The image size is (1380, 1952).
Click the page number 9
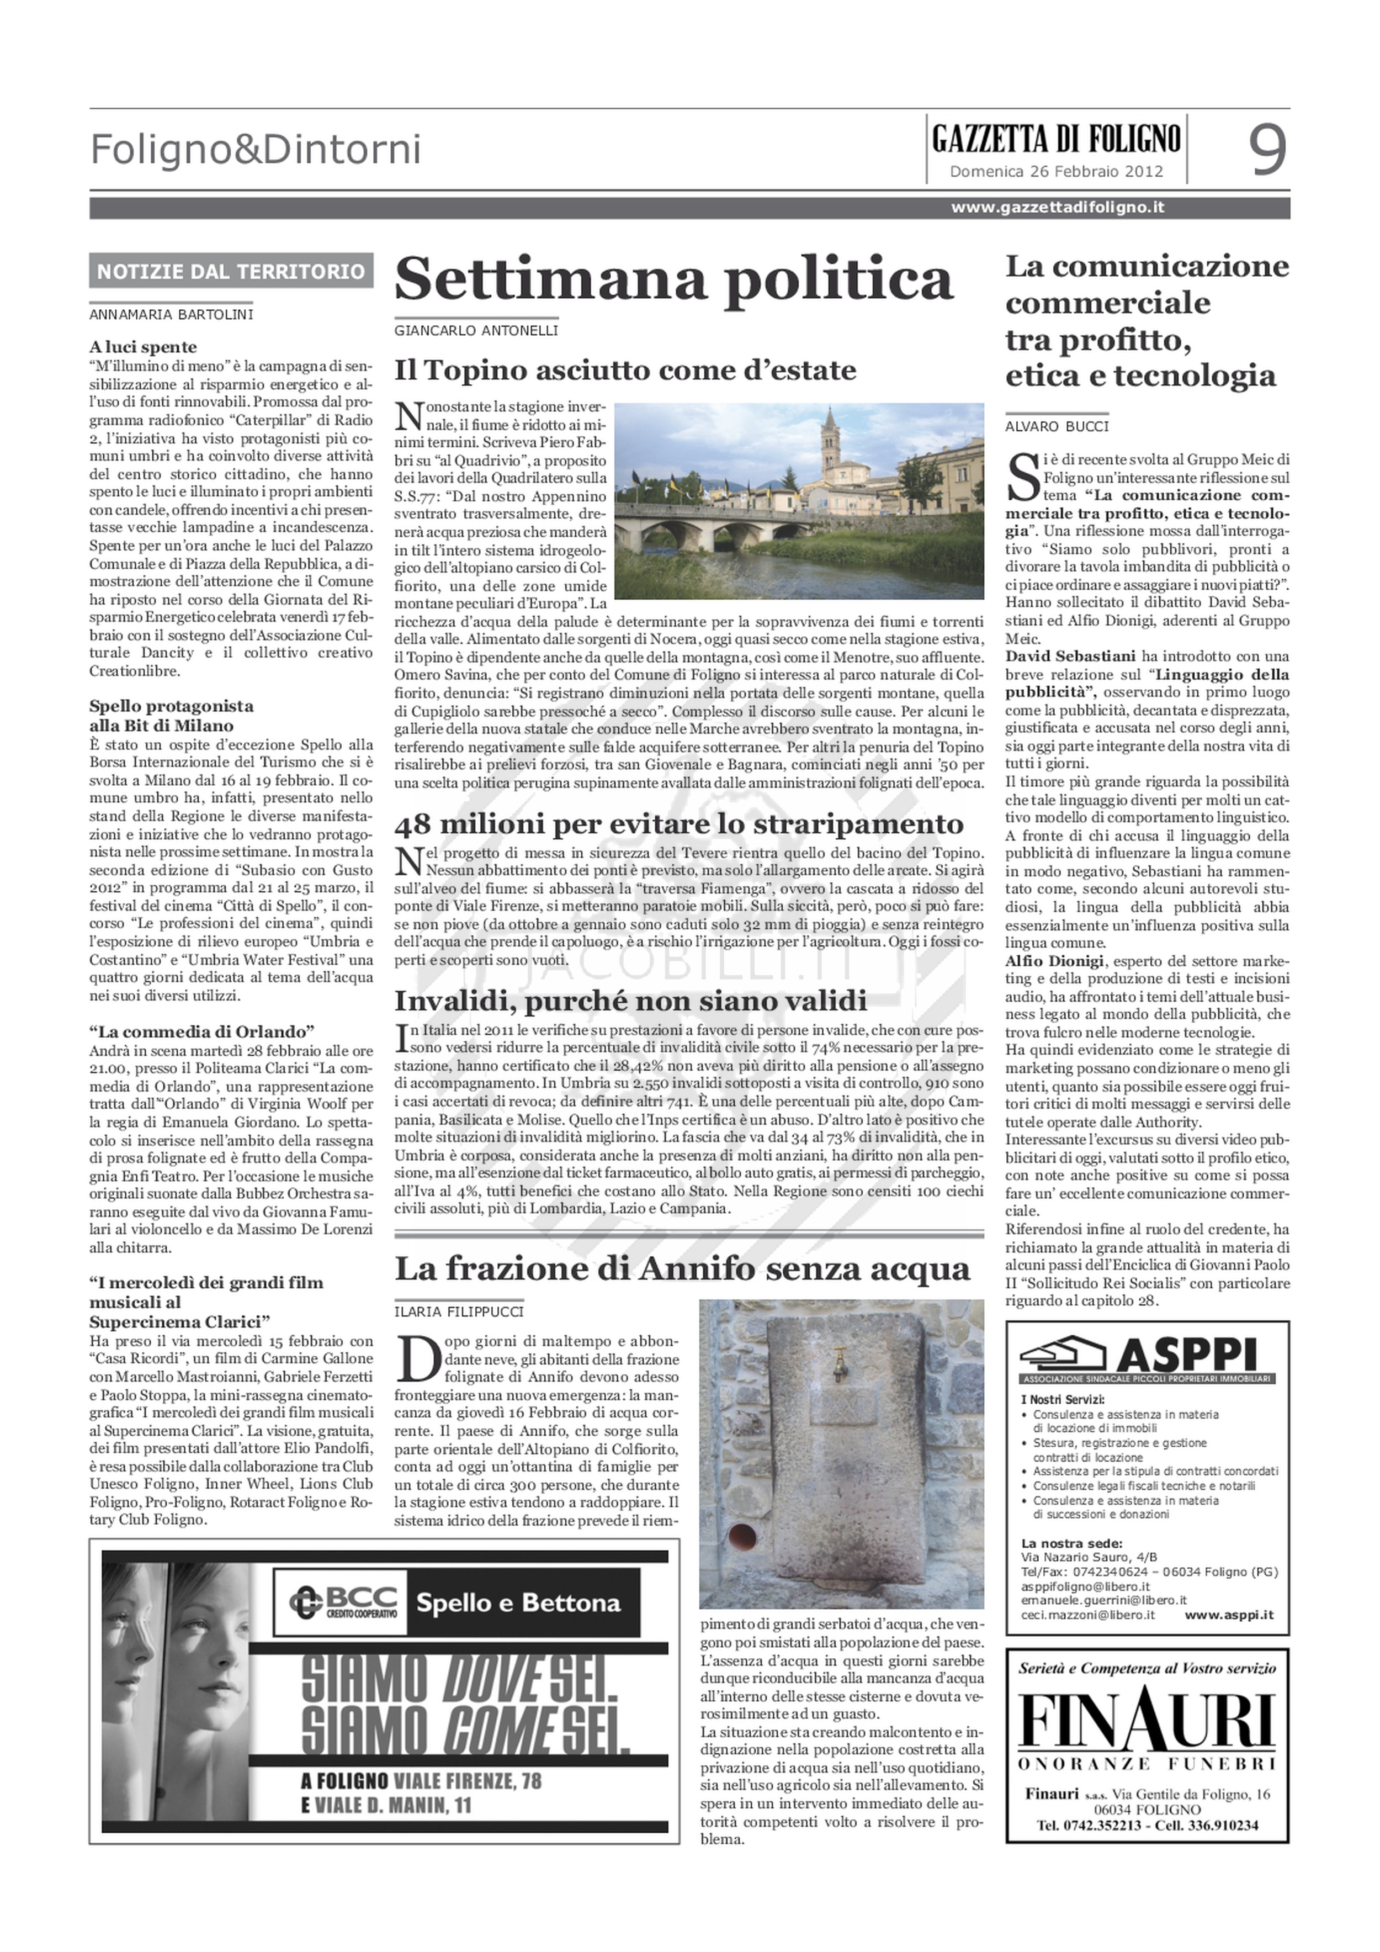1266,150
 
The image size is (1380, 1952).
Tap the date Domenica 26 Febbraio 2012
1056,171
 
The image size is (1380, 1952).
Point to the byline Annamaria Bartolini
172,315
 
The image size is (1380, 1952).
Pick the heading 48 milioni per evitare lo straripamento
679,824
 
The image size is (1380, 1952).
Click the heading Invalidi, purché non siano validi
630,1000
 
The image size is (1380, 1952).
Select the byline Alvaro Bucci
1057,427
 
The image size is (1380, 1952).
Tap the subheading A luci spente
143,347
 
